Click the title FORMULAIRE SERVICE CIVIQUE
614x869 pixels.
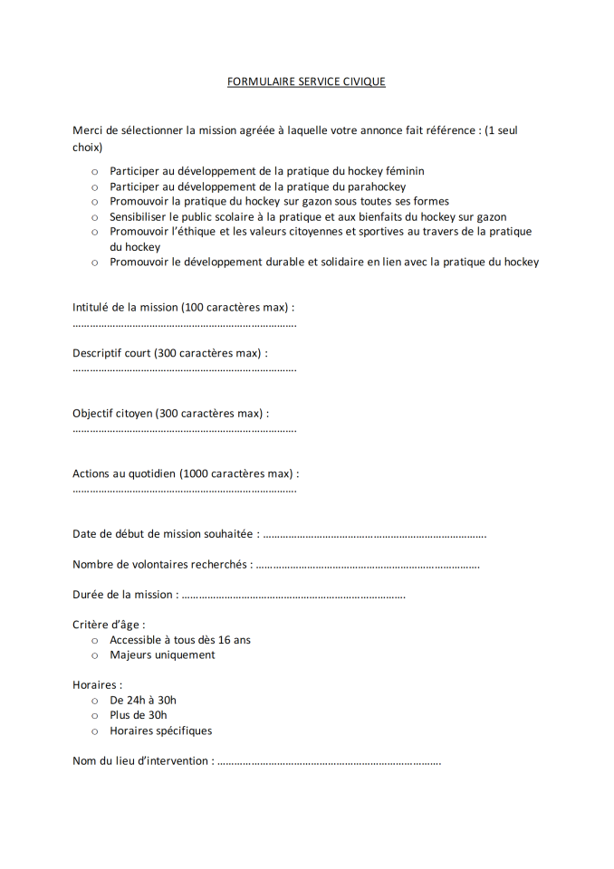click(x=306, y=81)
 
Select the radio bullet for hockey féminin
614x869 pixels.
click(x=94, y=171)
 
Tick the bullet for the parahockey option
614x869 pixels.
click(x=94, y=186)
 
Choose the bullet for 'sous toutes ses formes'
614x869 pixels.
click(x=94, y=202)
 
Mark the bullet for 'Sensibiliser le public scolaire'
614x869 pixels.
click(x=94, y=217)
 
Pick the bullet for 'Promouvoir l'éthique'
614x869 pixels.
click(x=94, y=233)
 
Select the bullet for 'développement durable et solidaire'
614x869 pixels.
click(x=94, y=263)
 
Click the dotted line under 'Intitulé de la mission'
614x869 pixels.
click(x=185, y=324)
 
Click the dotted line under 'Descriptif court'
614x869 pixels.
click(x=185, y=369)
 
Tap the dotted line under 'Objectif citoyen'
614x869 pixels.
click(x=185, y=430)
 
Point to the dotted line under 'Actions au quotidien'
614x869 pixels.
click(x=185, y=491)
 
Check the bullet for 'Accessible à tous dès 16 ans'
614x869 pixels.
click(x=94, y=641)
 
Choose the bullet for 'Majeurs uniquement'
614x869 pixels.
click(x=94, y=655)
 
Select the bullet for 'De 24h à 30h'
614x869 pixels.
click(x=94, y=701)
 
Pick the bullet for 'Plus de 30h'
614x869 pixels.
click(x=94, y=716)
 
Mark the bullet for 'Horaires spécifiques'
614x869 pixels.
click(x=94, y=731)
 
